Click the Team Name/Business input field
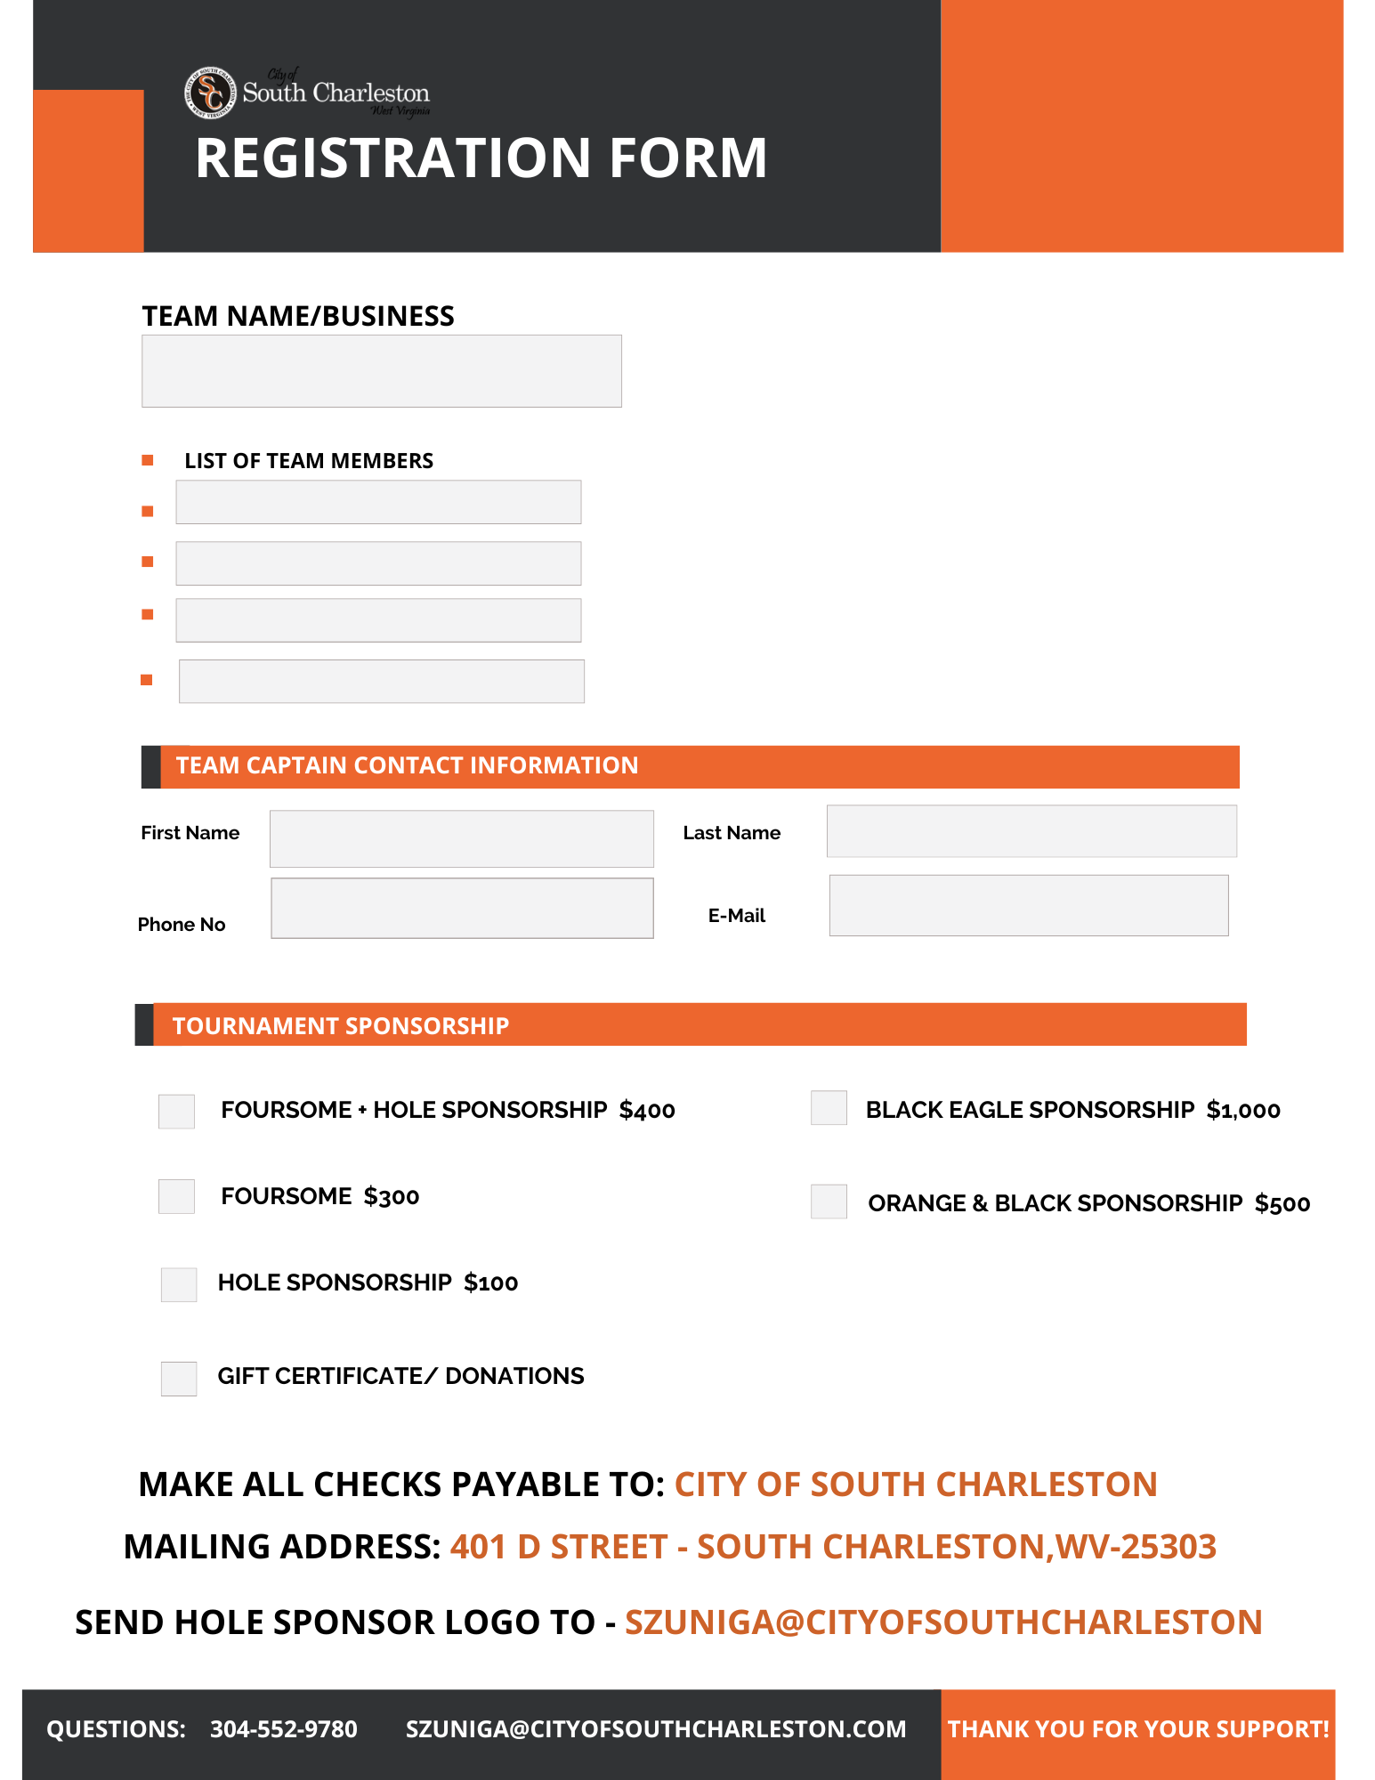point(381,371)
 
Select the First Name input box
point(461,838)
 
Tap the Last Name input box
point(1031,831)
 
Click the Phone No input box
point(461,908)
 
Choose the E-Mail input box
point(1028,905)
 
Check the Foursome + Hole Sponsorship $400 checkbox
point(176,1112)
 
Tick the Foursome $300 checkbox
point(176,1197)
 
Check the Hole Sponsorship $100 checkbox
point(179,1285)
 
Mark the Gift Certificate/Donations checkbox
point(179,1379)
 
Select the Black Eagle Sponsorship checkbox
point(829,1108)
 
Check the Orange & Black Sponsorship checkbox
point(829,1201)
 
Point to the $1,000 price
point(1242,1110)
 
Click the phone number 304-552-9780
point(283,1729)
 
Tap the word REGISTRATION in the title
point(392,158)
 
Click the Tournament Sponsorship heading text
point(340,1026)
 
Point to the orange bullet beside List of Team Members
point(148,460)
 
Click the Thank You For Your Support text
point(1137,1729)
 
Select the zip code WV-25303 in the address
point(1136,1548)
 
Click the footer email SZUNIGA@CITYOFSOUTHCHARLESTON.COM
point(656,1729)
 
